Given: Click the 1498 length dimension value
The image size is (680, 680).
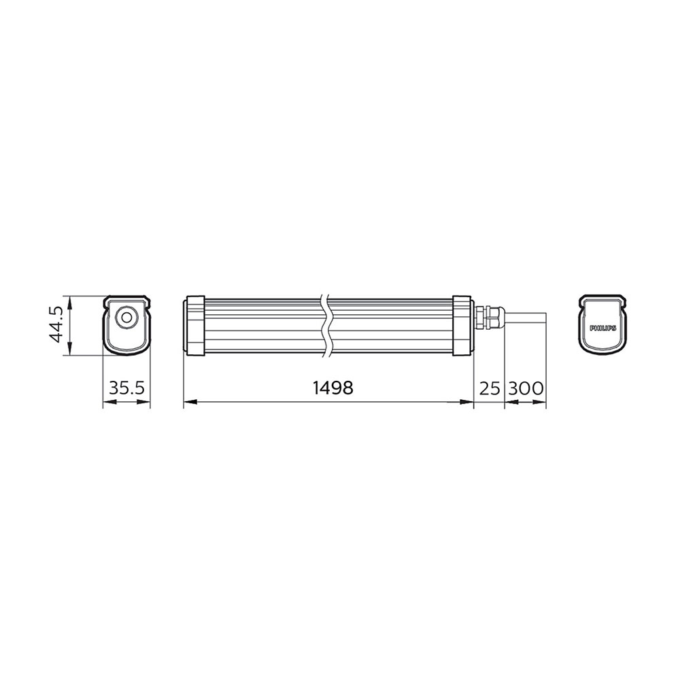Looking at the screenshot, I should tap(333, 388).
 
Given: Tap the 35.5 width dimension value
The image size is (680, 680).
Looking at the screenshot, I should tap(126, 388).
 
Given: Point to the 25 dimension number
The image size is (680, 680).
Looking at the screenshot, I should tap(490, 388).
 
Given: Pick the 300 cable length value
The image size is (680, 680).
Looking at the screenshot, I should tap(526, 388).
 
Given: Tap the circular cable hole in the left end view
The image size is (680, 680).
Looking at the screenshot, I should tap(126, 318).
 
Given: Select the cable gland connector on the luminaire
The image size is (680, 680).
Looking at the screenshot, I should tap(487, 316).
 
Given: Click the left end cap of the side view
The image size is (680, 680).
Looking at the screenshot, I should tap(194, 325).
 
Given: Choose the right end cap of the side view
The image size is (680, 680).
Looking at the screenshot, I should tap(462, 325).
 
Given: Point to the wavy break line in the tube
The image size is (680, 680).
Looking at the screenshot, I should tap(326, 325).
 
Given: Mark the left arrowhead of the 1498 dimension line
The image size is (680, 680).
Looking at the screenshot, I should tap(188, 403).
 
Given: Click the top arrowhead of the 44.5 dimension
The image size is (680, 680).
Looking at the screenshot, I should tap(68, 300).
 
